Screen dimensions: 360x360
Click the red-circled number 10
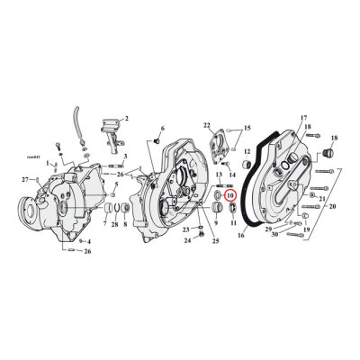(229, 194)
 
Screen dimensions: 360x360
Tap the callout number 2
(127, 118)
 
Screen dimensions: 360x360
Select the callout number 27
(25, 180)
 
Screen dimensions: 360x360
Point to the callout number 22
(206, 124)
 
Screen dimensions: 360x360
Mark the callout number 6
(162, 130)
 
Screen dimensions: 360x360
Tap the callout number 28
(114, 224)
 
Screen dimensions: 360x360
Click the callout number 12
(247, 177)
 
